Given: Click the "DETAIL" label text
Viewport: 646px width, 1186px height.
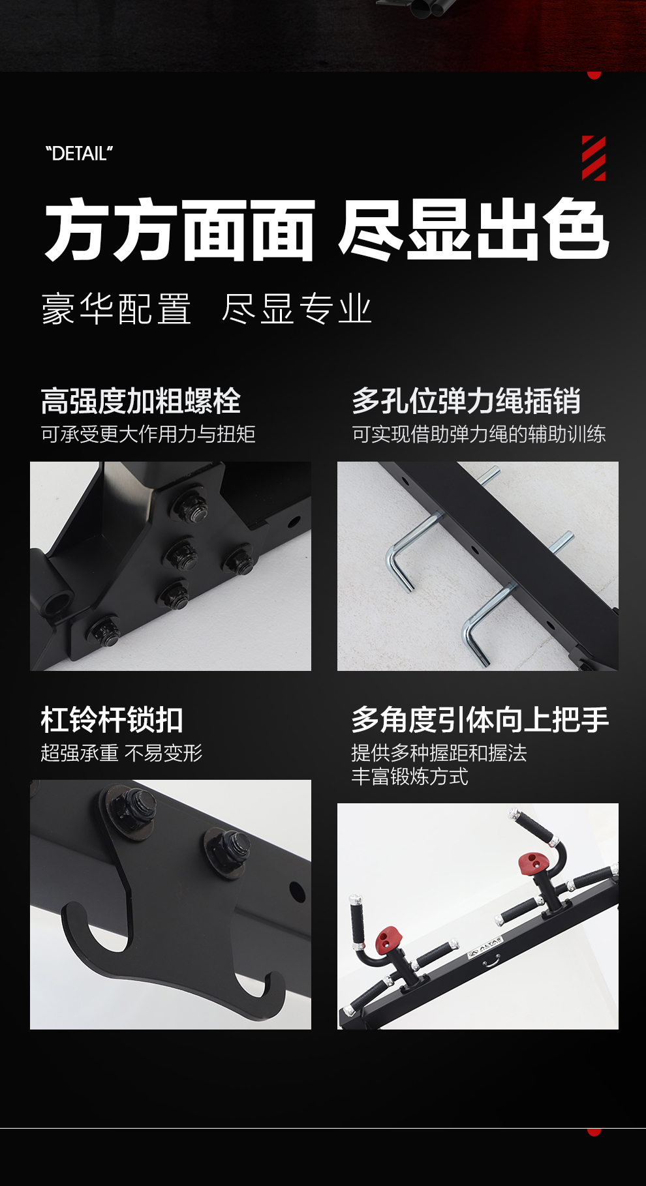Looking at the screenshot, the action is tap(79, 154).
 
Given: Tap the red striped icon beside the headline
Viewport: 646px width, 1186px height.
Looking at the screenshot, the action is tap(594, 158).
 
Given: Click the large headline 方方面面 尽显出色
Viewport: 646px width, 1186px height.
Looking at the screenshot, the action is tap(327, 230).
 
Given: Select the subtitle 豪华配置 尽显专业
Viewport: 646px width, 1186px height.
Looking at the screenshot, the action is tap(207, 308).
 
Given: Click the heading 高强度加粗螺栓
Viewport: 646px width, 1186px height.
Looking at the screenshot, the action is tap(141, 401).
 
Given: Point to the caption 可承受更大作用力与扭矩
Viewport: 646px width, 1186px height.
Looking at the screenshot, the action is tap(148, 434).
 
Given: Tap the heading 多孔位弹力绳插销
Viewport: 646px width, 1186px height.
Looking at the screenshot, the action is tap(466, 401).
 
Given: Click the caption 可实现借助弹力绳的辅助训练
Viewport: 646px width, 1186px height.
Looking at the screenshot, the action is tap(479, 434).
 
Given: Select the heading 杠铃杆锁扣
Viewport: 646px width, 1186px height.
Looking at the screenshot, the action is tap(112, 720).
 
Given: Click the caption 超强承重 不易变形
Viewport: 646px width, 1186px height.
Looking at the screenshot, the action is tap(121, 753).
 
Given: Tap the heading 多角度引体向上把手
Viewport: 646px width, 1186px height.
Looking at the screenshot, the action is tap(480, 720).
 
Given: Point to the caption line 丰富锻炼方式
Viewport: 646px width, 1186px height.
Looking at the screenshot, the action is tap(410, 777).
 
